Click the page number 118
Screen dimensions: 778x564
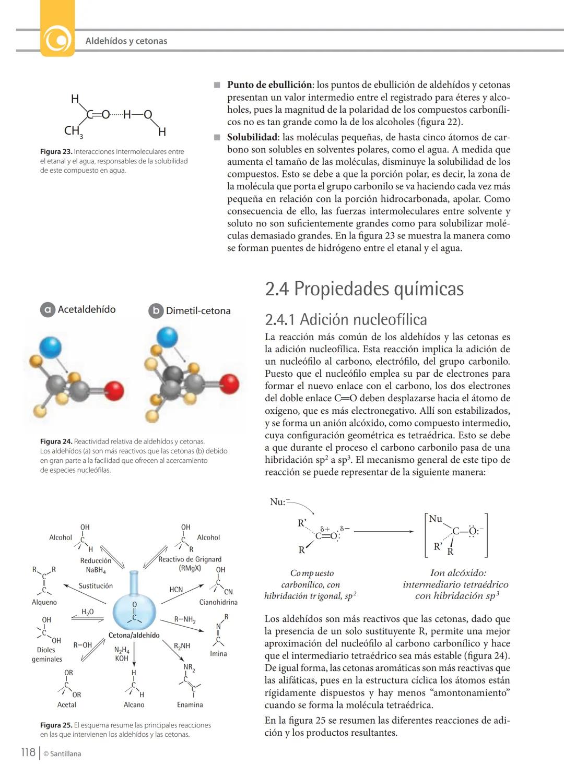28,752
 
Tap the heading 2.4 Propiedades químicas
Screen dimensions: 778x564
364,289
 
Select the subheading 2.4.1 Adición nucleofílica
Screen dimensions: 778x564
346,319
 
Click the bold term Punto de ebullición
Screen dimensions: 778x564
269,85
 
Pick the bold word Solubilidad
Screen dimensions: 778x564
252,137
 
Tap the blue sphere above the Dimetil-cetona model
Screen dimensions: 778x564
168,337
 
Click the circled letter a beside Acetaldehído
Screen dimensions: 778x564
47,310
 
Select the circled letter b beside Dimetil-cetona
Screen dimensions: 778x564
156,311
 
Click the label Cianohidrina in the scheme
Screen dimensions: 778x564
218,602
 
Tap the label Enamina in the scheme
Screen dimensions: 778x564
190,704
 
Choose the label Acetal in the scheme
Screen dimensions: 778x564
67,704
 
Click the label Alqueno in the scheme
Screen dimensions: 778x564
44,602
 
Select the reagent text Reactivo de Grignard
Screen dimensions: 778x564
190,559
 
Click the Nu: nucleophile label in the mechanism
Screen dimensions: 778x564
278,502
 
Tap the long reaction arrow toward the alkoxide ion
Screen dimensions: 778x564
384,532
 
